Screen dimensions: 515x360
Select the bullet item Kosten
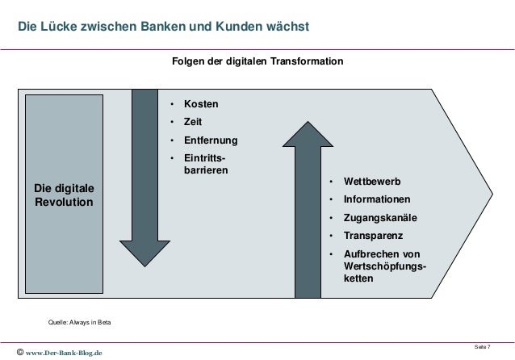(x=201, y=105)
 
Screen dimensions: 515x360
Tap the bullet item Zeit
(x=192, y=123)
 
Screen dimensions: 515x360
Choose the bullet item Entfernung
(x=211, y=141)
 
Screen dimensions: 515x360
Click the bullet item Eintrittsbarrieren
(x=206, y=165)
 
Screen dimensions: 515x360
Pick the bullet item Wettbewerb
(x=372, y=181)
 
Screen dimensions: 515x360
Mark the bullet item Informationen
(x=376, y=199)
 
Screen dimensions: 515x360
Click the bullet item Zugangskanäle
(x=381, y=218)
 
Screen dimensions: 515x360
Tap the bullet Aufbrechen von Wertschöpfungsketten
(x=385, y=266)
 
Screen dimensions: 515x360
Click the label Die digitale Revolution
(x=64, y=195)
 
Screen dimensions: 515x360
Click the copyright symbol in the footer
(x=18, y=352)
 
